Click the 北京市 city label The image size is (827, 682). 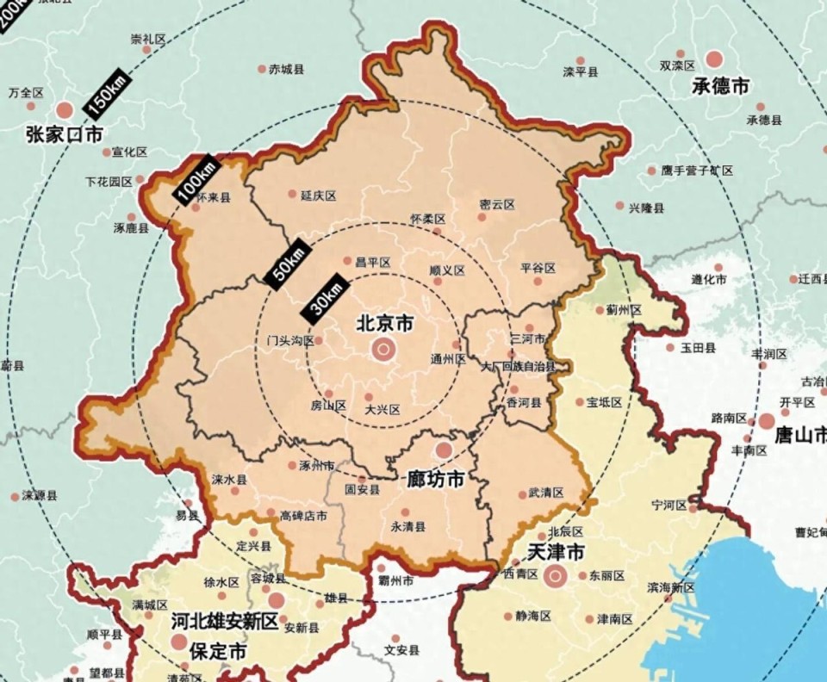click(x=385, y=324)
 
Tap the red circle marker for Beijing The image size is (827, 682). click(x=382, y=350)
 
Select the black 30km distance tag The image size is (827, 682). click(x=326, y=295)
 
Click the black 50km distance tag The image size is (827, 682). click(x=285, y=260)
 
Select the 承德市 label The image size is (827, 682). click(x=720, y=86)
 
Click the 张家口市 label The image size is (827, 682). click(x=64, y=134)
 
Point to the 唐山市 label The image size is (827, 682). click(x=800, y=436)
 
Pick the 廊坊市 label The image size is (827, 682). click(x=436, y=479)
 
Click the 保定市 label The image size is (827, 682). click(x=218, y=652)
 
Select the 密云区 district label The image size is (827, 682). click(x=497, y=205)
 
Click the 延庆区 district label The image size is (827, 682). click(x=318, y=195)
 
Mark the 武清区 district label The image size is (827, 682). click(x=545, y=493)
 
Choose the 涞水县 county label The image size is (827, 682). click(x=229, y=480)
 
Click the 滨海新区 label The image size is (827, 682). click(x=670, y=587)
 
